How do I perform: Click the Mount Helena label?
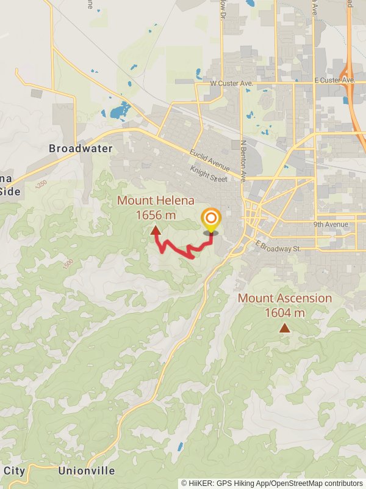(x=156, y=200)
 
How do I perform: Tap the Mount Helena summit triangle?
(x=156, y=230)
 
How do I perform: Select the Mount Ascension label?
(x=285, y=298)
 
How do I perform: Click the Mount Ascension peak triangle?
(x=285, y=328)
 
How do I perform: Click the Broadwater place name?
(x=81, y=149)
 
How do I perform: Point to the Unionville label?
(x=87, y=471)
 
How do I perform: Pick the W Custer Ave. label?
(x=231, y=83)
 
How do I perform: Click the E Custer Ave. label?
(x=334, y=80)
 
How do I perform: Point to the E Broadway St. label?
(x=279, y=247)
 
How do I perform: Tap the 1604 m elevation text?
(x=285, y=313)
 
